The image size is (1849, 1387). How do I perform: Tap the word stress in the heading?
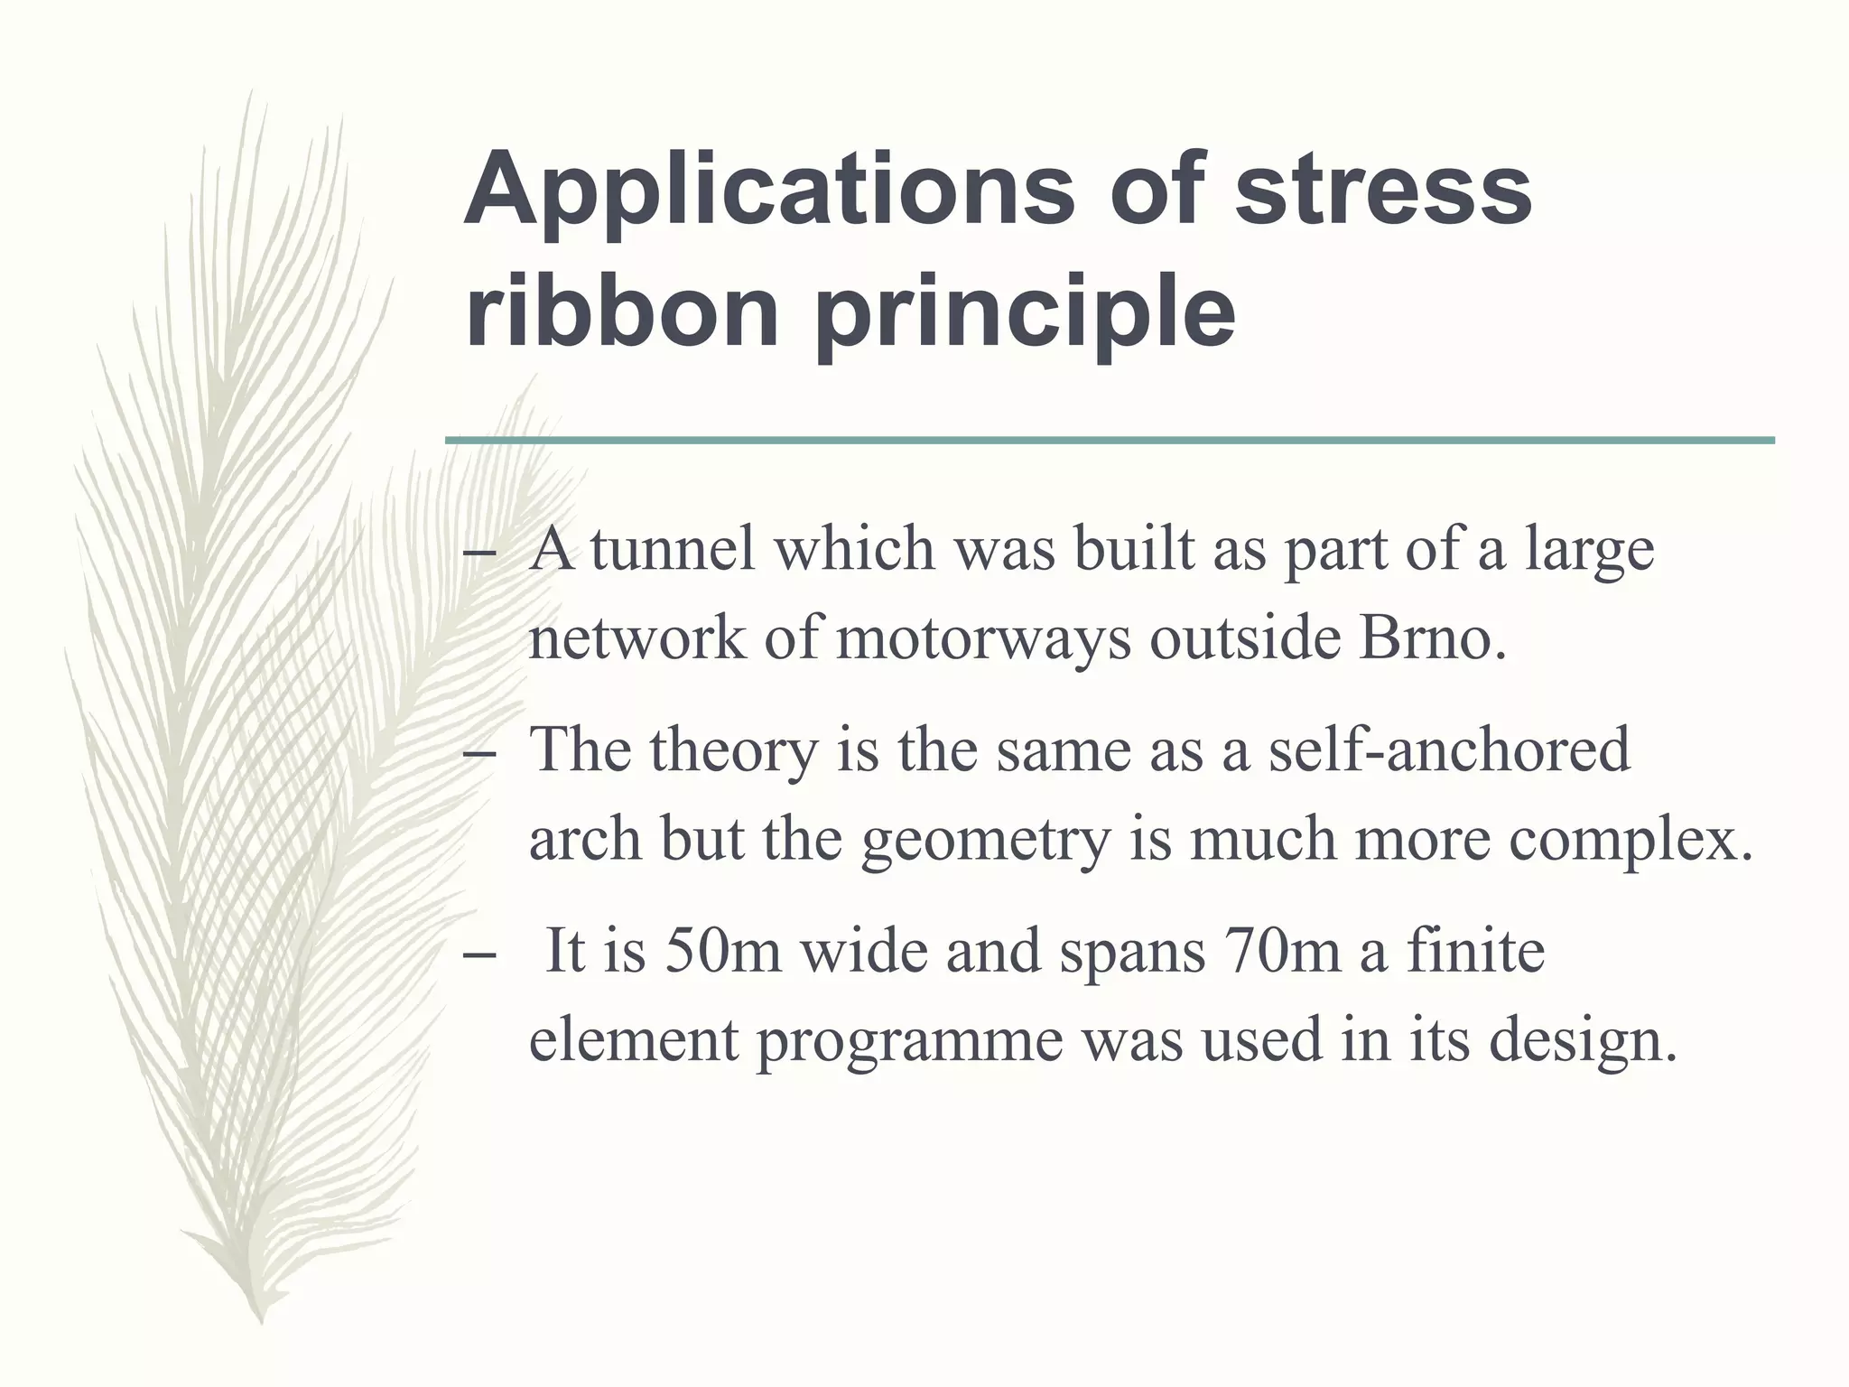(1382, 191)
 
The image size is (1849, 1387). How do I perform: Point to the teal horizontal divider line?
(1110, 441)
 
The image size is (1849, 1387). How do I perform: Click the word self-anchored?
(1449, 749)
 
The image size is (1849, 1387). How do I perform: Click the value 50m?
(722, 952)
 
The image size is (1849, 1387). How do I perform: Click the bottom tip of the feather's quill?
(261, 1320)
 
